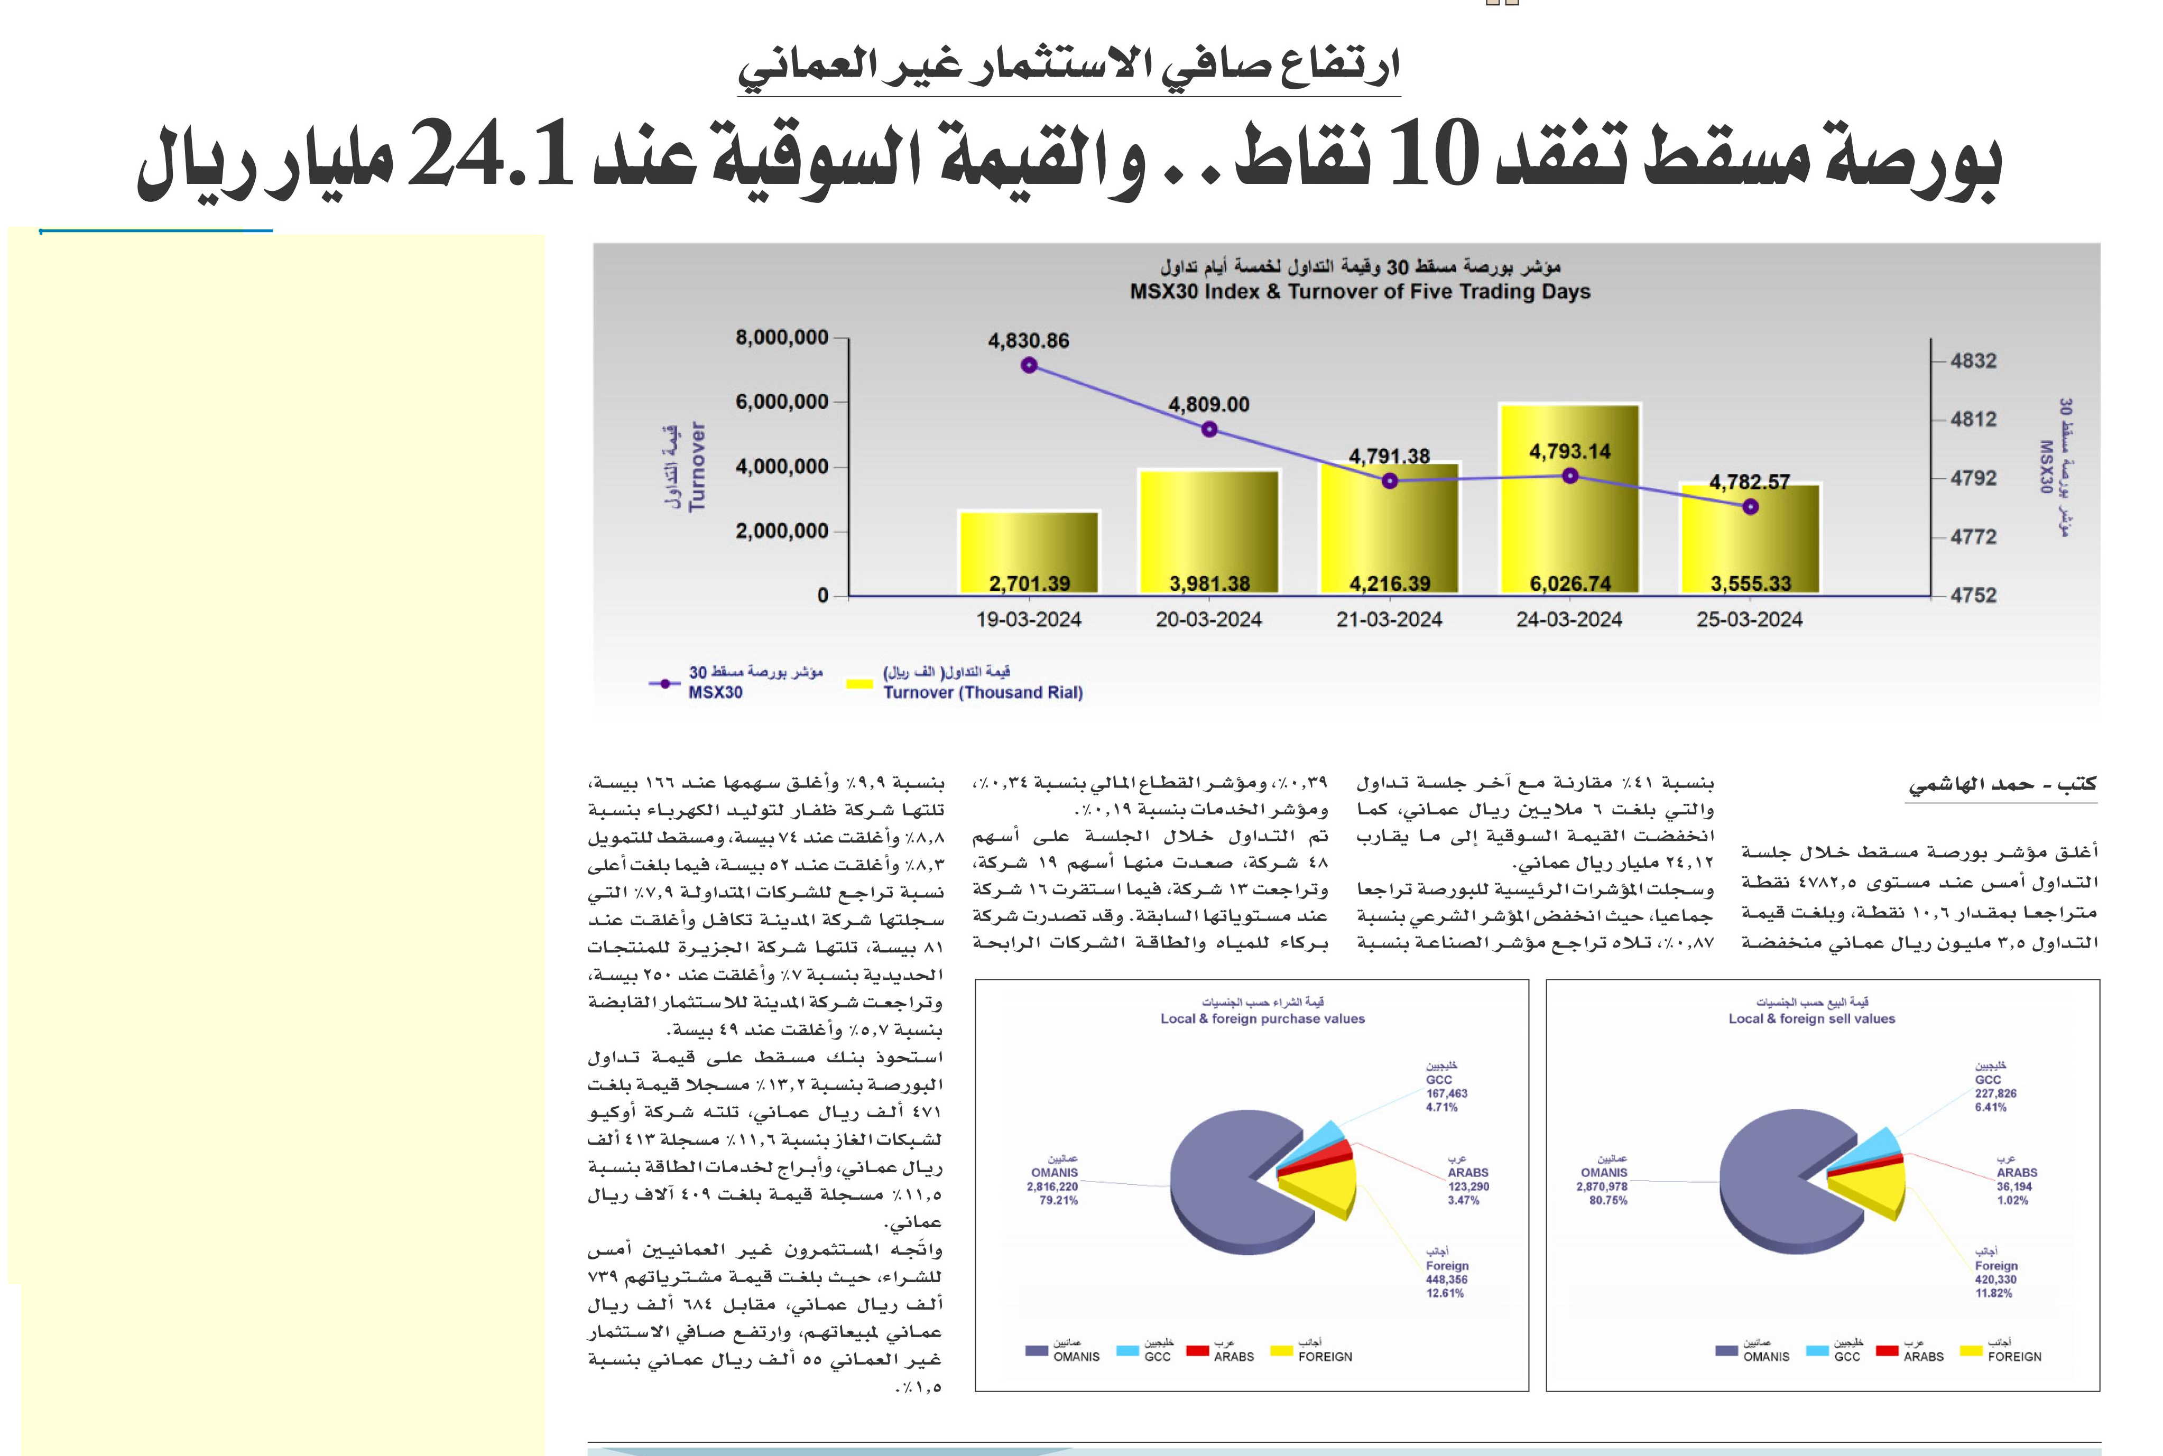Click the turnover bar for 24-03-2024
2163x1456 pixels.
tap(1569, 499)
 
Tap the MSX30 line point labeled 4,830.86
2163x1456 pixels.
tap(1029, 365)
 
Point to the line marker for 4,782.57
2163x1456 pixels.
tap(1750, 507)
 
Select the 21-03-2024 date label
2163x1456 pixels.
tap(1389, 619)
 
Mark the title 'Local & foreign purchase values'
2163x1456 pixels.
tap(1262, 1018)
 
